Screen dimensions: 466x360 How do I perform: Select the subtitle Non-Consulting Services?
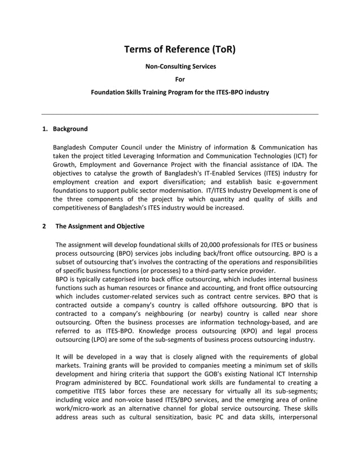click(180, 67)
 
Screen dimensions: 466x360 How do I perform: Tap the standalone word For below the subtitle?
click(180, 79)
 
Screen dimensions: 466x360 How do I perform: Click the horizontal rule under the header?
click(180, 115)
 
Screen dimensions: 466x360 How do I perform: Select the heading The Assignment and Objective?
click(100, 226)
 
